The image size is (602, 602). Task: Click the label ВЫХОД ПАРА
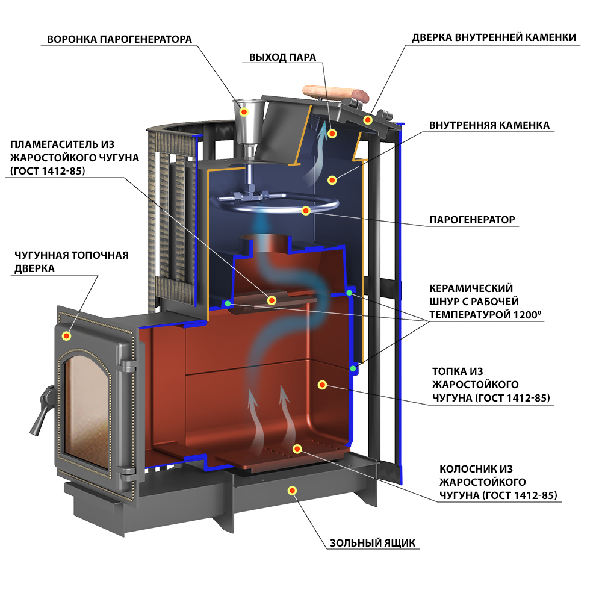coord(282,57)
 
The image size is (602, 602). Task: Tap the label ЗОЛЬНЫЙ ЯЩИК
coord(373,543)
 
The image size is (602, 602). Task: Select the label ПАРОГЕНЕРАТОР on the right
coord(472,220)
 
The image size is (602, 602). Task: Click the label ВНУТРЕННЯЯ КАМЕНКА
coord(489,125)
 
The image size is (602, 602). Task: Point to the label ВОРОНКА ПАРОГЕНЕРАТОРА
coord(119,39)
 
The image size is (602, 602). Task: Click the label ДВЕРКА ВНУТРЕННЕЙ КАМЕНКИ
coord(494,37)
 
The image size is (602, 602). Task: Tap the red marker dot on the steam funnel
coord(244,112)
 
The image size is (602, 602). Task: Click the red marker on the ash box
coord(292,490)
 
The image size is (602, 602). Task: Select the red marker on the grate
coord(297,448)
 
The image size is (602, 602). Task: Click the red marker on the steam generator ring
coord(306,210)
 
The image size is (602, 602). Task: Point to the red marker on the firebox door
coord(66,336)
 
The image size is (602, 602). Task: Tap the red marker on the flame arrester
coord(272,300)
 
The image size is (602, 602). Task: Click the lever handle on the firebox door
coord(41,409)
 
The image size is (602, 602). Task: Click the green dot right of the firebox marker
coord(352,368)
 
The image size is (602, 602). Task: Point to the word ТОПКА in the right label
coord(448,371)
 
